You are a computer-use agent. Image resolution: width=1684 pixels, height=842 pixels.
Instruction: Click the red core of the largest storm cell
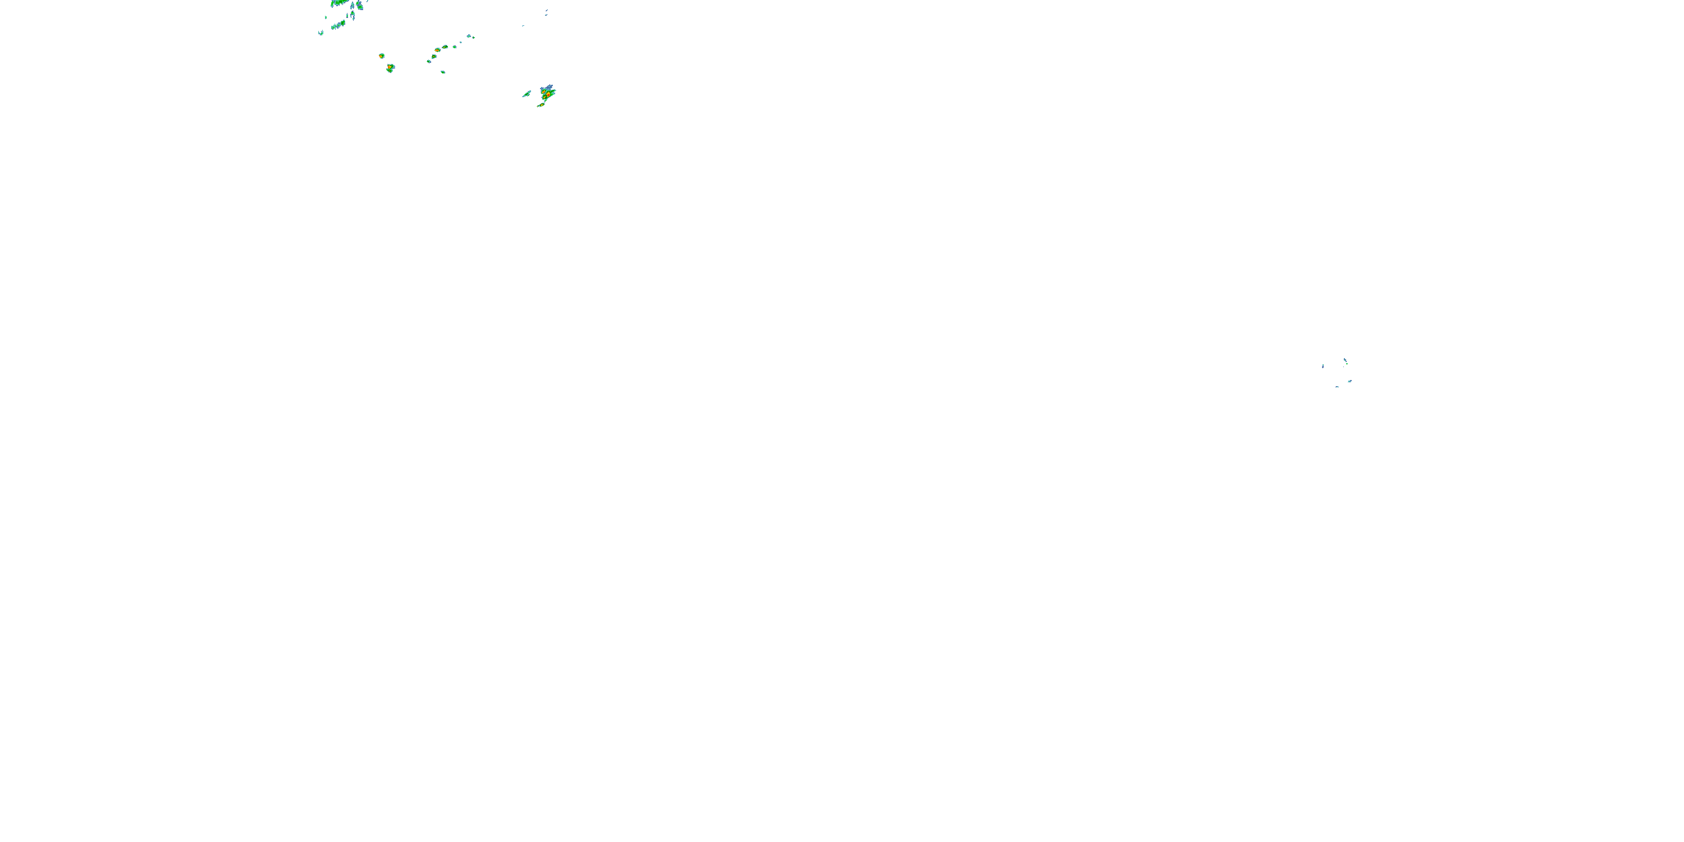(x=548, y=95)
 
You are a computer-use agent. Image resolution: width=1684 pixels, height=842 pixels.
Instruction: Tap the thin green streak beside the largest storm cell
(x=527, y=94)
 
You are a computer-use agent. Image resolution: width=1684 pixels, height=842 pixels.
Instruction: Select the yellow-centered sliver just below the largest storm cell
(x=541, y=104)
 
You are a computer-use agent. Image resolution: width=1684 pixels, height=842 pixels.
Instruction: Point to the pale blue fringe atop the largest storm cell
(x=548, y=88)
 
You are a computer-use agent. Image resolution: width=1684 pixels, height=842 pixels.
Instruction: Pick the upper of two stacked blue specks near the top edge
(x=547, y=11)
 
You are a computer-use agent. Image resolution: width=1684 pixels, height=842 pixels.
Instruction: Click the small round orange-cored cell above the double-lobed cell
(x=382, y=56)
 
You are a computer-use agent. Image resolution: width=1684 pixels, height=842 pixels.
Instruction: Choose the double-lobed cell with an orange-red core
(x=390, y=68)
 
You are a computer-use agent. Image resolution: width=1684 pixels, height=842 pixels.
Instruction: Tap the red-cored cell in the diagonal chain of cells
(x=437, y=50)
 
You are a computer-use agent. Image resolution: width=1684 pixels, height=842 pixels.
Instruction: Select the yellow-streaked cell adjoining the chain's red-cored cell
(x=445, y=47)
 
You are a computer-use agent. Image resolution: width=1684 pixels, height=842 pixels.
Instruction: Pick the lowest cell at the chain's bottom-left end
(x=429, y=61)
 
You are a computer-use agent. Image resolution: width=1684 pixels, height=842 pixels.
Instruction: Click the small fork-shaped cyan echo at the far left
(x=321, y=32)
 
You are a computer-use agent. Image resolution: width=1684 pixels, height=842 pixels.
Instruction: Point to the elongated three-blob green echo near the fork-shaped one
(x=338, y=25)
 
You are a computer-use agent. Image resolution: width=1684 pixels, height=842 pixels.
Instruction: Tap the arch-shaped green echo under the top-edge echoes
(x=353, y=15)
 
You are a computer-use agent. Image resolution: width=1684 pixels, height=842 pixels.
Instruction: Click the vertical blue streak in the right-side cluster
(x=1323, y=366)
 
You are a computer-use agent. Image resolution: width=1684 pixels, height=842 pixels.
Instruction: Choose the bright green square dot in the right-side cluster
(x=1346, y=364)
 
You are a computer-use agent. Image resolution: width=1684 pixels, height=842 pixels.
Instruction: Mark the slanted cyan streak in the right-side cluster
(x=1349, y=381)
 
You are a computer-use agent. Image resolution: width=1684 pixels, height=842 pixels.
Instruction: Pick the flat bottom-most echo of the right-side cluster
(x=1337, y=387)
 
